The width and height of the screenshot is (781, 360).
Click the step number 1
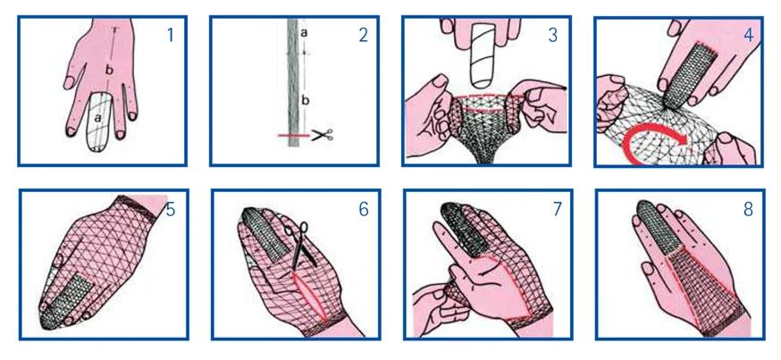pos(171,36)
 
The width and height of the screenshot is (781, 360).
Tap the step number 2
pos(363,36)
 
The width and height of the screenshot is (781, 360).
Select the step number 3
pos(553,36)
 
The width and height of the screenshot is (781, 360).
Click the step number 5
pos(171,210)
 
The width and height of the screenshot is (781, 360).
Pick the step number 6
pos(364,210)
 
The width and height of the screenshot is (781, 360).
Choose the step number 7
pos(557,210)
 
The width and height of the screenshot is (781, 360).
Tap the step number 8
pos(748,210)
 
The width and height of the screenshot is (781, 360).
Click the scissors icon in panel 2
pos(323,134)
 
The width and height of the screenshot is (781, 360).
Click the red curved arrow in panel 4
pos(653,141)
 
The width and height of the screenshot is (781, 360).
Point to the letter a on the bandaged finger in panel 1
pos(97,119)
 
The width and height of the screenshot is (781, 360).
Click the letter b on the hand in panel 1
pos(109,71)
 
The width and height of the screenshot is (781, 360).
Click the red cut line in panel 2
pos(294,136)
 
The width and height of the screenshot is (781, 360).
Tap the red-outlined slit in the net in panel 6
pos(310,296)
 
